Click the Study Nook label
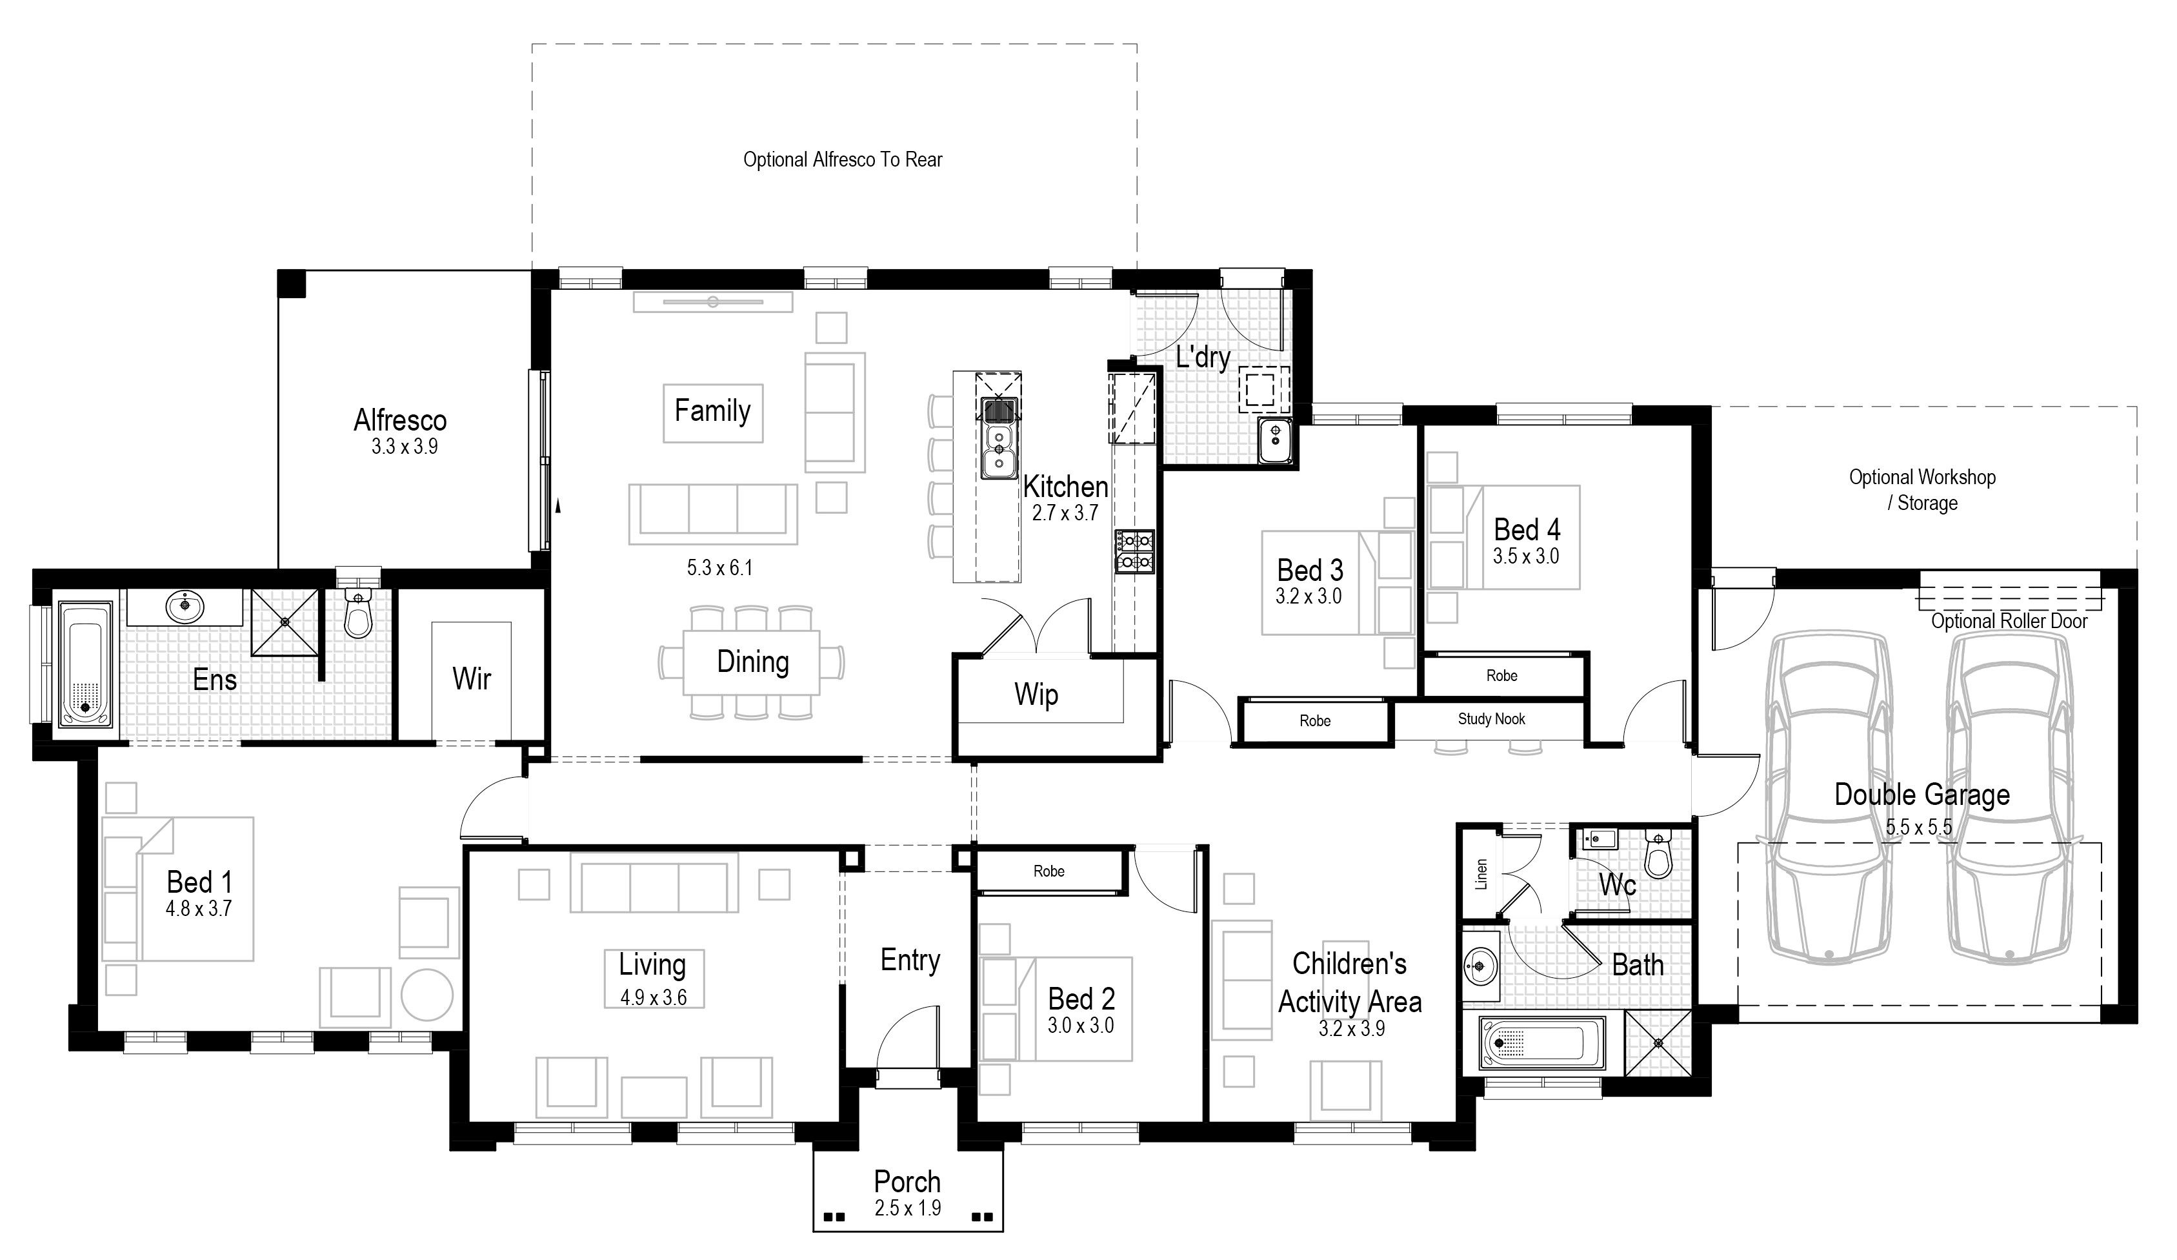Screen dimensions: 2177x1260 click(1491, 719)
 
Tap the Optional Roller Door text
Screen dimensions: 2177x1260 click(2009, 622)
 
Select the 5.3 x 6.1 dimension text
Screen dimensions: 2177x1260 click(719, 568)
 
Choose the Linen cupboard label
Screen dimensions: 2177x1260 click(1481, 874)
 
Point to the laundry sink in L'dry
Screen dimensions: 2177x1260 click(1274, 442)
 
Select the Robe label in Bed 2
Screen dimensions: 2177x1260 click(1048, 871)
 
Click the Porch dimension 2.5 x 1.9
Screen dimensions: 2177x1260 click(907, 1208)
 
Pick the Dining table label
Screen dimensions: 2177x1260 click(752, 662)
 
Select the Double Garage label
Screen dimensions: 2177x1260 click(1922, 794)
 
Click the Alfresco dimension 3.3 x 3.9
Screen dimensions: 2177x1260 click(405, 447)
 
